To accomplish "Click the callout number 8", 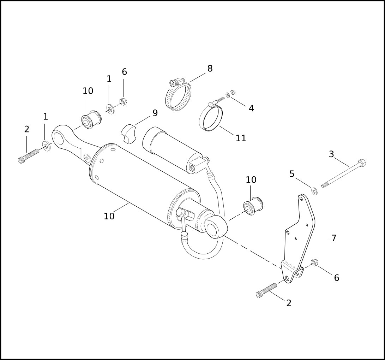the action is click(x=210, y=69).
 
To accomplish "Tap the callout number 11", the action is click(x=241, y=138).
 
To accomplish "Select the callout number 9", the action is click(x=155, y=113).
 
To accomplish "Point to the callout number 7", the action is click(x=334, y=238).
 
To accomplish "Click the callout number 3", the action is click(x=331, y=154).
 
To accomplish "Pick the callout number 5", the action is click(x=292, y=174).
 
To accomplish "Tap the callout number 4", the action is click(x=251, y=108).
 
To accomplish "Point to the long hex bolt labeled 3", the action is click(x=344, y=175).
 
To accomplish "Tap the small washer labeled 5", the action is click(x=314, y=191).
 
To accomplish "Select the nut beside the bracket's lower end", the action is click(x=314, y=262).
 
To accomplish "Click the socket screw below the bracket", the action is click(x=266, y=290).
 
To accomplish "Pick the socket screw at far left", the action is click(x=29, y=156).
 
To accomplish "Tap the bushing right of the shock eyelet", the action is click(x=253, y=206).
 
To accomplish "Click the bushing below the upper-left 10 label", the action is click(x=91, y=120).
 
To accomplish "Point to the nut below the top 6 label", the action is click(x=123, y=101).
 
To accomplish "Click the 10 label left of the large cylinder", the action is click(x=109, y=216).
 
